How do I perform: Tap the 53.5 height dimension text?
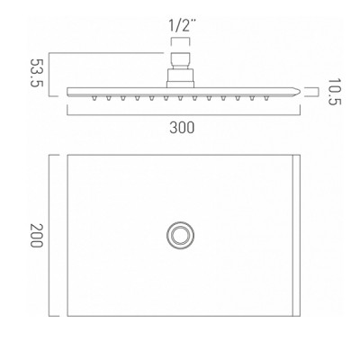click(x=37, y=73)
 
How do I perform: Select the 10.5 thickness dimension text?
click(x=334, y=92)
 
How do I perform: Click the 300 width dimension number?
click(x=182, y=128)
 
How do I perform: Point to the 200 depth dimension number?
click(x=37, y=236)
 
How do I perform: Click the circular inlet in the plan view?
click(x=180, y=236)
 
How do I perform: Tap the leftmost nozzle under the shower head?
click(x=94, y=98)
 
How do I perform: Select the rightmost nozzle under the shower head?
click(x=265, y=98)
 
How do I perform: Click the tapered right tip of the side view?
click(x=300, y=91)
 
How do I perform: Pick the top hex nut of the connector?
click(x=180, y=61)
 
